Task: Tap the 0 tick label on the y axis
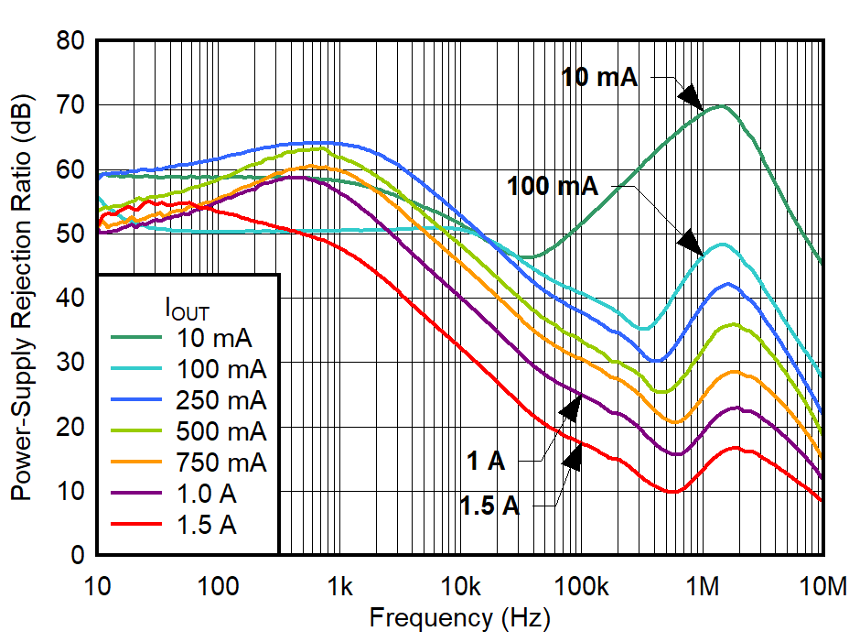(79, 556)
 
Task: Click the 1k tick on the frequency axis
(339, 585)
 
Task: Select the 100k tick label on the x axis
(581, 585)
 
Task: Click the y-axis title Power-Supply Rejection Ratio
(21, 298)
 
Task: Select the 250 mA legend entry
(220, 400)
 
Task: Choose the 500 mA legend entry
(220, 431)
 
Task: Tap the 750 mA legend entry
(220, 462)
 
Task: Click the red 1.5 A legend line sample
(137, 525)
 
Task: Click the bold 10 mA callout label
(599, 78)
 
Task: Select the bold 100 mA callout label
(553, 187)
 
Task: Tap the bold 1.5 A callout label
(490, 506)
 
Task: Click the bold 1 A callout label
(487, 461)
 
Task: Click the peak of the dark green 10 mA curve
(721, 106)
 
